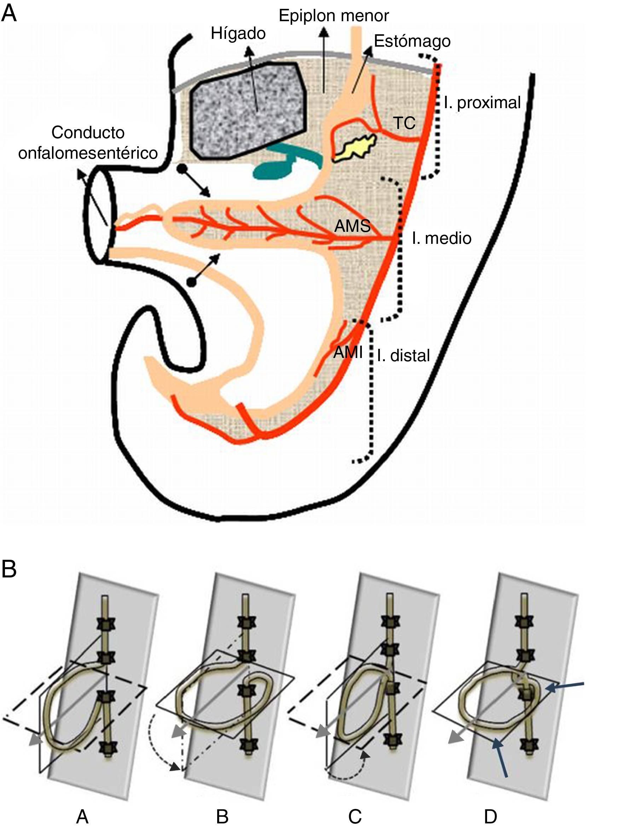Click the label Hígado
click(238, 34)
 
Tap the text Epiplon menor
click(334, 16)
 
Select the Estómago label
click(412, 41)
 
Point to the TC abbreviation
click(405, 123)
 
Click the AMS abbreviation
click(352, 226)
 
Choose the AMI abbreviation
click(348, 352)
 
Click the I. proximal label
click(482, 102)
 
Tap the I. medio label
click(441, 238)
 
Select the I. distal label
click(403, 356)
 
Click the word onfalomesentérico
click(88, 153)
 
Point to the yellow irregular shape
click(354, 147)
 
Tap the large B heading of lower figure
click(9, 569)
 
